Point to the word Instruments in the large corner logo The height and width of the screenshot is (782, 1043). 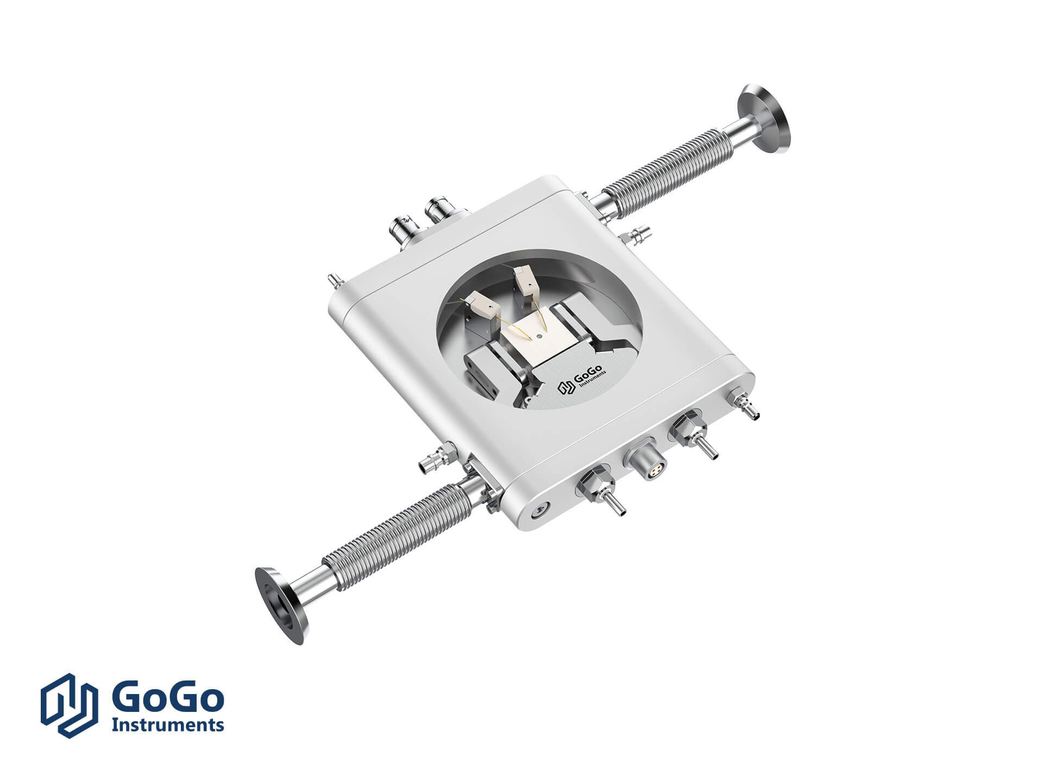[x=167, y=724]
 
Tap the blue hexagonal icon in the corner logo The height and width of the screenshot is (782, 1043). [x=69, y=705]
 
